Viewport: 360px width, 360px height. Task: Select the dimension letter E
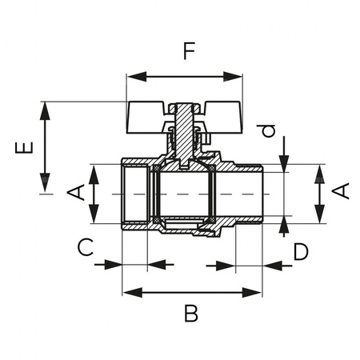pyautogui.click(x=26, y=147)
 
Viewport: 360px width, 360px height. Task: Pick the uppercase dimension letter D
pyautogui.click(x=300, y=252)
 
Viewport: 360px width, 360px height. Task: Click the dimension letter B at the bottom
pyautogui.click(x=190, y=313)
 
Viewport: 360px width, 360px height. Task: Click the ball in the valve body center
pyautogui.click(x=185, y=194)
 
